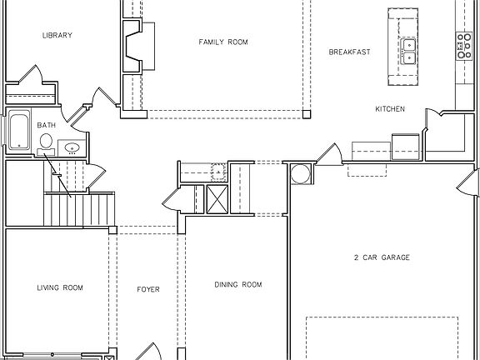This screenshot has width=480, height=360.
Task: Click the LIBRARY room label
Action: coord(57,35)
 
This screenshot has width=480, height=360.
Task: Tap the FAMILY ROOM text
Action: coord(222,42)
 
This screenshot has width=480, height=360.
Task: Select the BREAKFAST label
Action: coord(349,52)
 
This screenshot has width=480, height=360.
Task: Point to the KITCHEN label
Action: coord(390,109)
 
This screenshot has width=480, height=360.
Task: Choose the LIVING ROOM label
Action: coord(60,287)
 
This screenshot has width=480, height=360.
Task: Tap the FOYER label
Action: coord(148,289)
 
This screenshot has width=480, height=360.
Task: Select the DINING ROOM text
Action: coord(238,285)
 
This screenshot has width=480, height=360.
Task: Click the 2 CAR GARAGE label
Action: coord(381,257)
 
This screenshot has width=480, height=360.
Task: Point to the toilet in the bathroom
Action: coord(45,140)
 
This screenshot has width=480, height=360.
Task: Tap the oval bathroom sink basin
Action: coord(72,148)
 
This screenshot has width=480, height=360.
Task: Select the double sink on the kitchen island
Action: coord(408,52)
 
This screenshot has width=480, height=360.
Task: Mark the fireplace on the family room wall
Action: coord(133,48)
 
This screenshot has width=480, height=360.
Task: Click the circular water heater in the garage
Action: coord(300,175)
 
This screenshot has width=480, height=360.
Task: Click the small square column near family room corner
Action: coord(307,112)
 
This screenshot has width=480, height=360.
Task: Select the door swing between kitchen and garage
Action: coord(330,154)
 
